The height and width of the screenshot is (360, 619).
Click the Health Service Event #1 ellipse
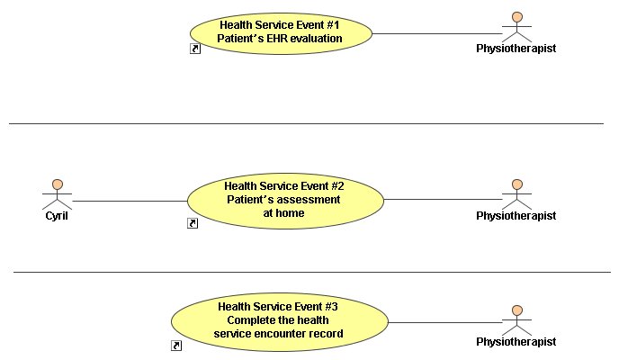281,33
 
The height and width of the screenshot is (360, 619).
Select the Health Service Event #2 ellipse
285,201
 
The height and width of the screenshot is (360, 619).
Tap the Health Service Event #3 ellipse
280,321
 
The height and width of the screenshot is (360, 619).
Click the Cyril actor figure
58,194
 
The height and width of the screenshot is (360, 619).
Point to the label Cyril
57,216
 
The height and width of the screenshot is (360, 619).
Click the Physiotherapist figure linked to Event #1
516,27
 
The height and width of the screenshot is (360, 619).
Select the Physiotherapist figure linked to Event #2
516,194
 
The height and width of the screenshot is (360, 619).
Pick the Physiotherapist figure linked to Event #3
516,320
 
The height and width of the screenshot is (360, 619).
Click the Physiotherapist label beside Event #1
516,49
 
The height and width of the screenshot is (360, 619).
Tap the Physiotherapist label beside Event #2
516,216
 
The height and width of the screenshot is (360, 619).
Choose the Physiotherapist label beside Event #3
516,342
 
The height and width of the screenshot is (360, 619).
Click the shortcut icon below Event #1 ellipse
195,49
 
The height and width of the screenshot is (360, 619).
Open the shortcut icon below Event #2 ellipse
193,223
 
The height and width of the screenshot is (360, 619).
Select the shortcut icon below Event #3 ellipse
176,346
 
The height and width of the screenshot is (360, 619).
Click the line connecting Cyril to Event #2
130,201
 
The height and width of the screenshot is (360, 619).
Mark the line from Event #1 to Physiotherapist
437,33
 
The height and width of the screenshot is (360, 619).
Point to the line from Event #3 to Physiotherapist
445,322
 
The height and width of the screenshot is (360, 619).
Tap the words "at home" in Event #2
283,213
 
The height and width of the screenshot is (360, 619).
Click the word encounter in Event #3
280,334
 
